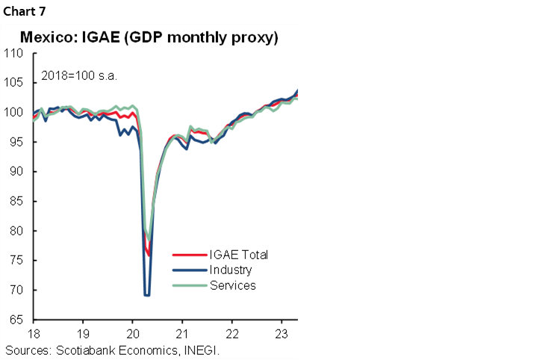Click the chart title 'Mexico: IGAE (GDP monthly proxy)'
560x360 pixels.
tap(149, 37)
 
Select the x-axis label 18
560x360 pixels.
tap(34, 333)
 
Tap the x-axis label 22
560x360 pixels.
tap(232, 333)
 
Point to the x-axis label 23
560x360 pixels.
tap(281, 333)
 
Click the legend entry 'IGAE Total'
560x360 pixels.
tap(238, 255)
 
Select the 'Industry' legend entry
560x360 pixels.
tap(231, 270)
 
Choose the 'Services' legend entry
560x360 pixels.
tap(232, 285)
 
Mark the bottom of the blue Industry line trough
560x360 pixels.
tap(147, 295)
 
